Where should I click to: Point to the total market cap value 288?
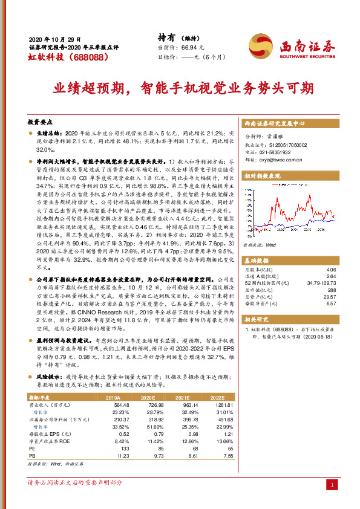(x=331, y=290)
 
